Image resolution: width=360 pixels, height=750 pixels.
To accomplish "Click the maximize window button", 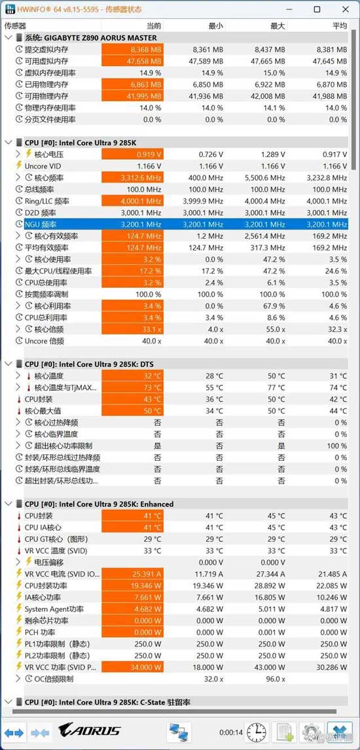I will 317,9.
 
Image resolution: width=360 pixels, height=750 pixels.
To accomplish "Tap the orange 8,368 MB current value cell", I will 132,49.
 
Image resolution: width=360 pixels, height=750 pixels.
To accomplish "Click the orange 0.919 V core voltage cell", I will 132,154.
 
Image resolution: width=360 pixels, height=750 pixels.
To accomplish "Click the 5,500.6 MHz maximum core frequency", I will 265,178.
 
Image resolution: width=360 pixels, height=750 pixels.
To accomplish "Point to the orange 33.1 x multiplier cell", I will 132,329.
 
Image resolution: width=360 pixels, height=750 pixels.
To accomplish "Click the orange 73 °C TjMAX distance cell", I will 132,388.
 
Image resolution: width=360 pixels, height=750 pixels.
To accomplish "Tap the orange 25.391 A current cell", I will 132,573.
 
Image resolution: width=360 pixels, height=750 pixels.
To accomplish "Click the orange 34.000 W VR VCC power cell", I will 132,667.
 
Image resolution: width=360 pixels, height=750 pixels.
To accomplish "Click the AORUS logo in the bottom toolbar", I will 90,730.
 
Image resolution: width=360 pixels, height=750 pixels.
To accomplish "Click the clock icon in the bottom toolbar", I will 257,731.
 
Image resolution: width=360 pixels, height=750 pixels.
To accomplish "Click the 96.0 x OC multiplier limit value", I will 274,679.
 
